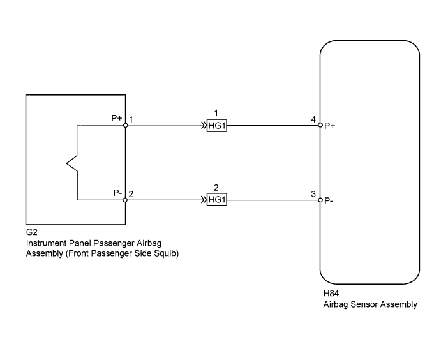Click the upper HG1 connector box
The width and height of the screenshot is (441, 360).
[217, 126]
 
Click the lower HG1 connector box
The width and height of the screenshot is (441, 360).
[217, 200]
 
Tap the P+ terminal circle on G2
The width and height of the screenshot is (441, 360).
[126, 126]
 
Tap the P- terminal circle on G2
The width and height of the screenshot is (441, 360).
[126, 200]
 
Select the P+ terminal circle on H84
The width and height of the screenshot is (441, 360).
[320, 125]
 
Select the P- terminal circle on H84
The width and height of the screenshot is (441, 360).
[320, 200]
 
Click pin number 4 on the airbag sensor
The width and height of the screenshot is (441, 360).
[313, 119]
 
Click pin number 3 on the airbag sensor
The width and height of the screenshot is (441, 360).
[313, 194]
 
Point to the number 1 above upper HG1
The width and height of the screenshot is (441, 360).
[216, 113]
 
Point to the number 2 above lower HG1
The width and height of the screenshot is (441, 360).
[216, 188]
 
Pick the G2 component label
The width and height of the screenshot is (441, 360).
[31, 232]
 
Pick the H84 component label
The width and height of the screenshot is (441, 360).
[331, 294]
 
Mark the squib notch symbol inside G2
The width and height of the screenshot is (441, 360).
[72, 163]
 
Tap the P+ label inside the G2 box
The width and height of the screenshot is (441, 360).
[117, 118]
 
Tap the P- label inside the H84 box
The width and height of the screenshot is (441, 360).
[329, 201]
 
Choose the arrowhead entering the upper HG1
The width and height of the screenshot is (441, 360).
[204, 126]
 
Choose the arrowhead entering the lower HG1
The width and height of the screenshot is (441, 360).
[204, 200]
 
